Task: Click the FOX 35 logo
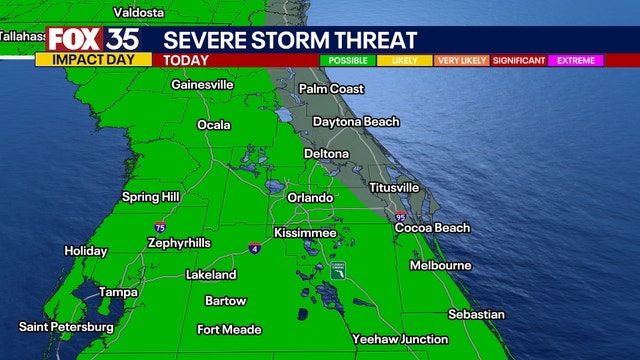[x=93, y=40]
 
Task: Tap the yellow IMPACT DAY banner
[x=93, y=60]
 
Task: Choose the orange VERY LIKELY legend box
[x=461, y=60]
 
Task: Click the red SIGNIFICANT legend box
[x=518, y=60]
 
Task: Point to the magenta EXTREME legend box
[x=576, y=60]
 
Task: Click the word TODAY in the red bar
[x=186, y=60]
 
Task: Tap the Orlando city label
[x=310, y=198]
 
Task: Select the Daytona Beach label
[x=356, y=122]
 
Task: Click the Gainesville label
[x=203, y=85]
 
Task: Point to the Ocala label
[x=213, y=125]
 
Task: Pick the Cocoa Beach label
[x=432, y=228]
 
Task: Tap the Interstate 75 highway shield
[x=161, y=228]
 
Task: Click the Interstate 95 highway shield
[x=401, y=216]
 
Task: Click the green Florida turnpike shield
[x=338, y=272]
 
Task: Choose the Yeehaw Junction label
[x=398, y=339]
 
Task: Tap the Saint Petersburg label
[x=66, y=327]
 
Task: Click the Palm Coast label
[x=333, y=88]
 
